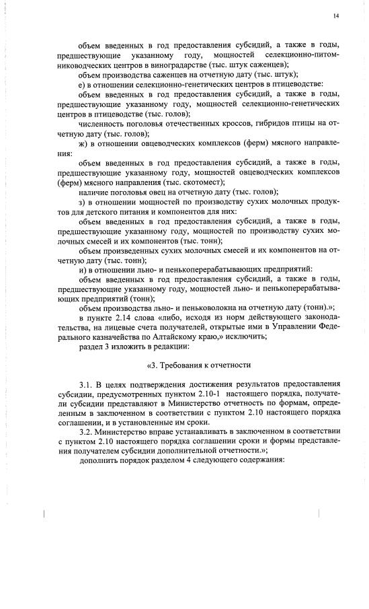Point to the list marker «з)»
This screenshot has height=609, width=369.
point(82,201)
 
